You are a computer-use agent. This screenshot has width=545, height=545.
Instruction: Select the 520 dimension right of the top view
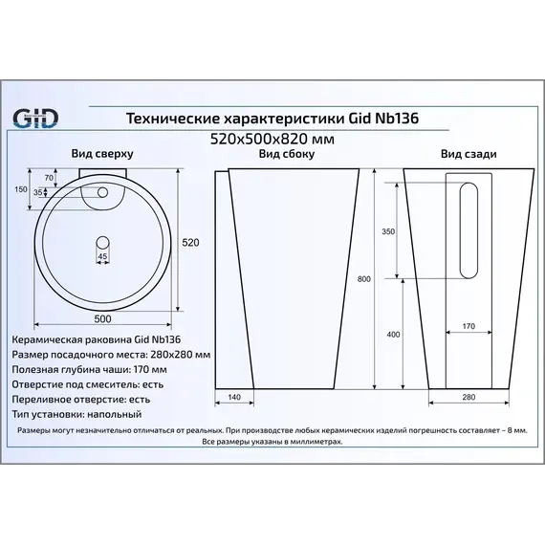tap(190, 243)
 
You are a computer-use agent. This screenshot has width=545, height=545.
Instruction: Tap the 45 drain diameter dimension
tap(102, 257)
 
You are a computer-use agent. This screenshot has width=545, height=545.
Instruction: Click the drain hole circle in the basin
tap(102, 240)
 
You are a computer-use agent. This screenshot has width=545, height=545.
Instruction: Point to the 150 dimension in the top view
tap(22, 189)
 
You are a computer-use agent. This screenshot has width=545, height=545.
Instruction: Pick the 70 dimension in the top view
tap(50, 179)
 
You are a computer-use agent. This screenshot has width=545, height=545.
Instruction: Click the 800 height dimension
tap(363, 280)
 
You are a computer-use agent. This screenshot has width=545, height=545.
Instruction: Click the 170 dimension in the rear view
tap(469, 327)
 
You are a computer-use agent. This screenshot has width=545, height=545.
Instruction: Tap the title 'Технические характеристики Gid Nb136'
tap(272, 118)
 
